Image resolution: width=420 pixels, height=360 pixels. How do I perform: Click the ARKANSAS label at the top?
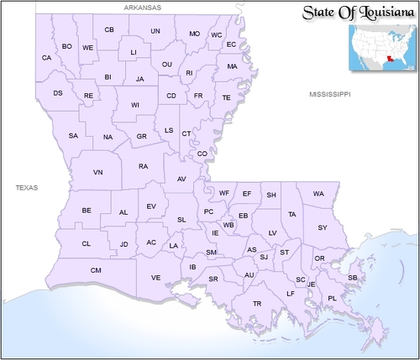point(142,7)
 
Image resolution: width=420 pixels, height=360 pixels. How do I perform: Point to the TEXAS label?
point(27,188)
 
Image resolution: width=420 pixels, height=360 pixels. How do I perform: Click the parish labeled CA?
point(47,58)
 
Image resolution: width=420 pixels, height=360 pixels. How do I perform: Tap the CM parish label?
point(96,270)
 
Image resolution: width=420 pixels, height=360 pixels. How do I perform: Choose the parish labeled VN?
point(97,172)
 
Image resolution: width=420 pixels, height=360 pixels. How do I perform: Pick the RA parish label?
point(144,166)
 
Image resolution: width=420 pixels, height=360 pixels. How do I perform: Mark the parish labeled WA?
point(318,194)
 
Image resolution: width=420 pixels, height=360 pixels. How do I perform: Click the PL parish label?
point(332,298)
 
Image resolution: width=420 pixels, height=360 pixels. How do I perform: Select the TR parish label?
point(257,303)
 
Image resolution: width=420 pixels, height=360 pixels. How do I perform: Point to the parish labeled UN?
point(155,31)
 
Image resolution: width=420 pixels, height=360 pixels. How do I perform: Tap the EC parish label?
point(231,44)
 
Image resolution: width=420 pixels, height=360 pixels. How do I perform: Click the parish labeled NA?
point(108,137)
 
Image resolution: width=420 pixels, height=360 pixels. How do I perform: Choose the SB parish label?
point(353,277)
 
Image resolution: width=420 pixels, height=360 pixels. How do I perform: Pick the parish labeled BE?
point(87,210)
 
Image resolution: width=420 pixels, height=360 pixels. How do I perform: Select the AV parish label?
point(181,180)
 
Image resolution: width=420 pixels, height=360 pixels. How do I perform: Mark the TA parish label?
point(292,215)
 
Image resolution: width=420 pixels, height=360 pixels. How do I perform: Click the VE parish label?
point(156,277)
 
